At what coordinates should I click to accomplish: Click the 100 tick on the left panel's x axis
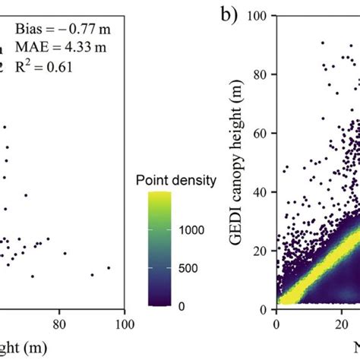click(124, 324)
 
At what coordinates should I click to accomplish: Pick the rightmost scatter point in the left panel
click(109, 267)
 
